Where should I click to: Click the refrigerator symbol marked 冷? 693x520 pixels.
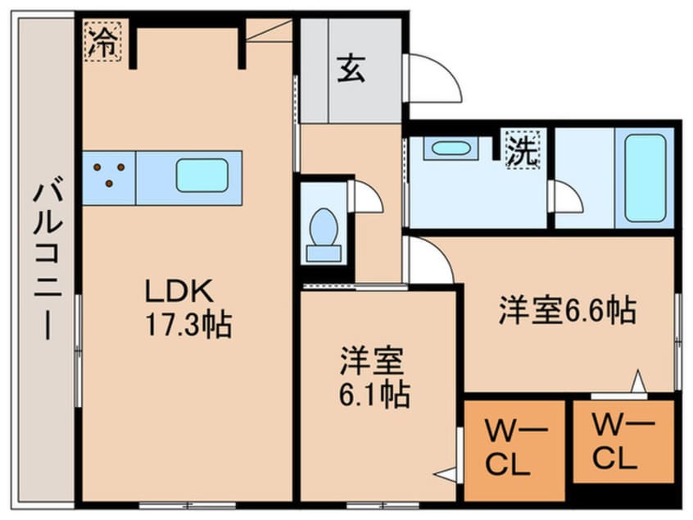(x=103, y=40)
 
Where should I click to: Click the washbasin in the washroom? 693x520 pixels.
(x=450, y=148)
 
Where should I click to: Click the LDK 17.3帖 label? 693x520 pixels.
(x=188, y=308)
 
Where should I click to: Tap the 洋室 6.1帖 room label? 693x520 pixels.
(x=375, y=379)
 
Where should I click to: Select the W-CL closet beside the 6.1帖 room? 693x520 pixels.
(x=513, y=449)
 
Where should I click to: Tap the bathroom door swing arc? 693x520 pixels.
(x=568, y=198)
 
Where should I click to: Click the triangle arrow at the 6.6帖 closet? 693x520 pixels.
(x=637, y=382)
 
